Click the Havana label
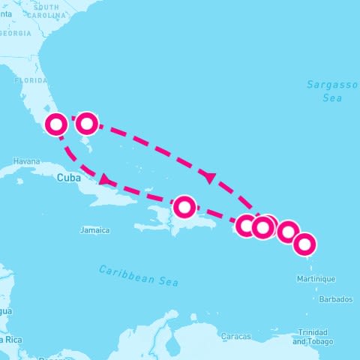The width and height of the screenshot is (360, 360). pos(25,161)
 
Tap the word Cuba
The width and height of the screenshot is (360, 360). pos(68,178)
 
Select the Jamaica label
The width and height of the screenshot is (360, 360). pos(95,230)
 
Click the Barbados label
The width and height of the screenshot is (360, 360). pos(335,299)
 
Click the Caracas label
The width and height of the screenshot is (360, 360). pos(236,337)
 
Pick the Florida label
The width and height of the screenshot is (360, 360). pos(31,79)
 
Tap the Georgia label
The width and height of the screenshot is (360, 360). pos(16,34)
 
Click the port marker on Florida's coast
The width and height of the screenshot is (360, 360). pos(56,124)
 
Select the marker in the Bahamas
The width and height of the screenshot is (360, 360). pos(87,122)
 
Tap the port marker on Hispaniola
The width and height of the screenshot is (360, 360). pos(184,206)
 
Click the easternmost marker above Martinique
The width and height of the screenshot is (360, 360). pos(304,244)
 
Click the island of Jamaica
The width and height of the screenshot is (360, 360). pos(94,220)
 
